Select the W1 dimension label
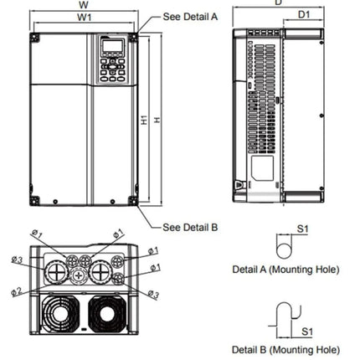tap(84, 17)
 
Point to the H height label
tap(157, 120)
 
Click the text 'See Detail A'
tap(190, 16)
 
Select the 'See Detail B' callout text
tap(190, 227)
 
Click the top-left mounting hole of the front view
tap(35, 39)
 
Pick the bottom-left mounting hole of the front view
tap(35, 202)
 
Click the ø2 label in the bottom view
tap(16, 291)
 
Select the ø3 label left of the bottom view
tap(16, 260)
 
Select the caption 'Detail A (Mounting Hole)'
tap(285, 270)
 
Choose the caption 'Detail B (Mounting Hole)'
tap(285, 349)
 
